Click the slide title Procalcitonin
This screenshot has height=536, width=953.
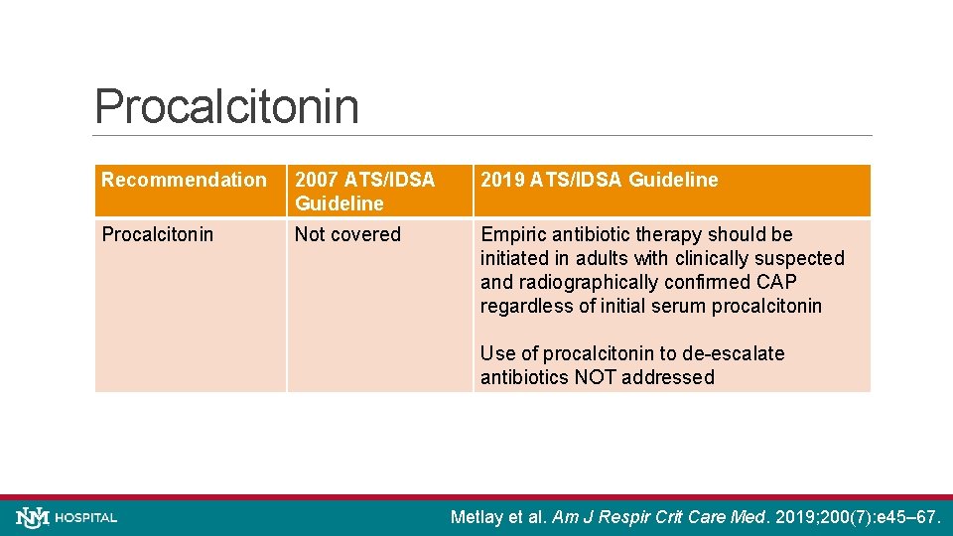[226, 106]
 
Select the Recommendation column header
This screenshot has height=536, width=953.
[184, 180]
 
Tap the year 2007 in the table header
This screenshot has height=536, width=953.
[316, 180]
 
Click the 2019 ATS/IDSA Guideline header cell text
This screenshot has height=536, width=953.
[599, 180]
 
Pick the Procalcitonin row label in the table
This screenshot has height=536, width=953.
[157, 234]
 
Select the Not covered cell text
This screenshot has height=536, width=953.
[347, 234]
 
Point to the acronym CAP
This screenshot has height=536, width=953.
[775, 282]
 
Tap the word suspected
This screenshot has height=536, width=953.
[802, 258]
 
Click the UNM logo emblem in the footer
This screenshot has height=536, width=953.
[32, 517]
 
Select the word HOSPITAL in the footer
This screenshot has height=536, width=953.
[86, 518]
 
